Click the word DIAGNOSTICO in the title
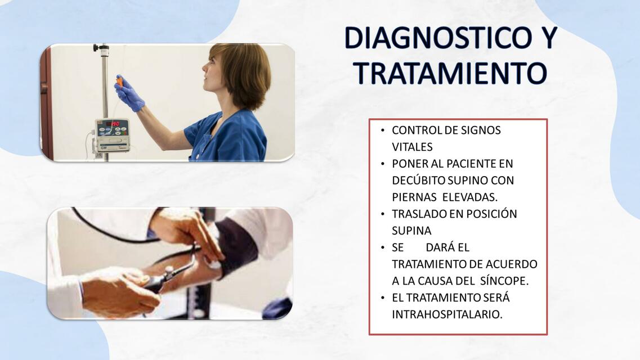coord(438,38)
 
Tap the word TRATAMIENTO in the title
coord(450,73)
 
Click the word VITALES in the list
coord(412,147)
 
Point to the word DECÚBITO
coord(418,180)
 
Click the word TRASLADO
coord(419,214)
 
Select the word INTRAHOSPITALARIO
coord(447,314)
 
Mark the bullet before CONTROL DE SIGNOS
coord(382,130)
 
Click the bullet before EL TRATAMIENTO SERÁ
coord(382,298)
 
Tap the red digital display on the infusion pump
coord(113,123)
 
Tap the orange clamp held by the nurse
coord(119,80)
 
